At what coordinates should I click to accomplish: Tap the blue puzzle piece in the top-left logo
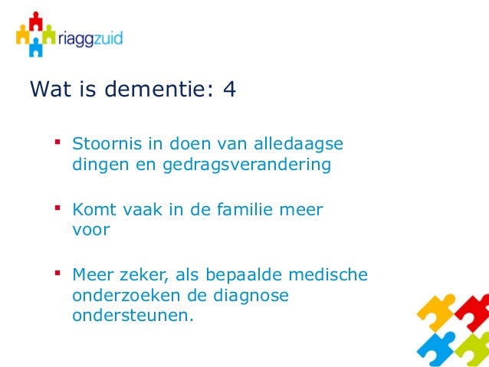pyautogui.click(x=36, y=48)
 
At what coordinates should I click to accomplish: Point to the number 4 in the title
pyautogui.click(x=228, y=91)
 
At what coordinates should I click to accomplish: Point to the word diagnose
pyautogui.click(x=254, y=295)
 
